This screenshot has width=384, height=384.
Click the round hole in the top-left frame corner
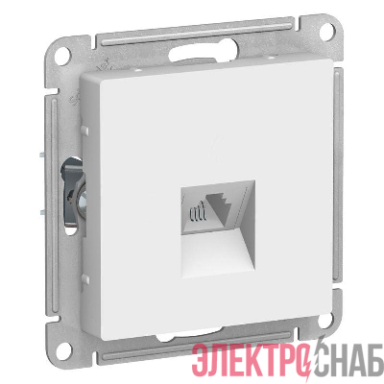(x=62, y=52)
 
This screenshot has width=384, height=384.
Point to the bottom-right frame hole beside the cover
(x=324, y=321)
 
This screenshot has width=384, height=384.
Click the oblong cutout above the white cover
(x=204, y=52)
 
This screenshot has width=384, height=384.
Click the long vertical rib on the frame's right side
(x=339, y=175)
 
